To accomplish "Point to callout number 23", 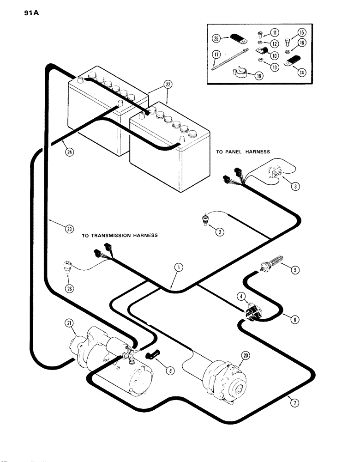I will click(x=69, y=230).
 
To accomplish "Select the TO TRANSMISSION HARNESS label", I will click(x=120, y=235).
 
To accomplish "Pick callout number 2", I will click(x=220, y=232).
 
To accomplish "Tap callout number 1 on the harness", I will click(x=178, y=267).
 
